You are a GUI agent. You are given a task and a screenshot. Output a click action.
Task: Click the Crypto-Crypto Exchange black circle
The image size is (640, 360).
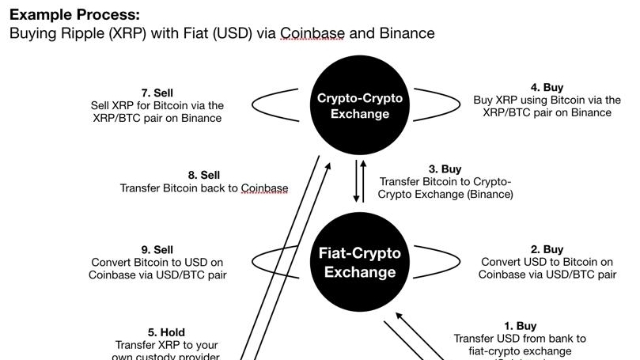(360, 106)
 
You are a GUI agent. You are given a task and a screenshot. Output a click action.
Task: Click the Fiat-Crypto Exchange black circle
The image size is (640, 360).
(360, 263)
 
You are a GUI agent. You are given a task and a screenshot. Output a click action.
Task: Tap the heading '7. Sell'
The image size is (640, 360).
(157, 93)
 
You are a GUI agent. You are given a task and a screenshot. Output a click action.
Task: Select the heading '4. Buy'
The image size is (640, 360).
(547, 88)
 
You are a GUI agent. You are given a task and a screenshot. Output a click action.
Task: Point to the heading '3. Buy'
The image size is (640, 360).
(445, 169)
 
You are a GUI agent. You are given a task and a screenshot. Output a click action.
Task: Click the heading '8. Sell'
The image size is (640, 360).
(204, 175)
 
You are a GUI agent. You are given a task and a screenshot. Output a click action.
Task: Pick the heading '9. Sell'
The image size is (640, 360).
(157, 249)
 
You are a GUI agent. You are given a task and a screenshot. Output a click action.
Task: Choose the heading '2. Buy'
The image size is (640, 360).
(547, 249)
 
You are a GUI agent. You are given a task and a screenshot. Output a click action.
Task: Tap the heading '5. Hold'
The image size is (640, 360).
(166, 332)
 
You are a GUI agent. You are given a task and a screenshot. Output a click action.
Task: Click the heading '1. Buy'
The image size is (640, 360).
(520, 325)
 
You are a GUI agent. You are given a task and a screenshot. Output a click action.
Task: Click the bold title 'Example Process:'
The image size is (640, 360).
(74, 14)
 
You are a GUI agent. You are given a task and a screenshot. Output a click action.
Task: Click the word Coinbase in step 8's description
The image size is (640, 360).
(264, 188)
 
